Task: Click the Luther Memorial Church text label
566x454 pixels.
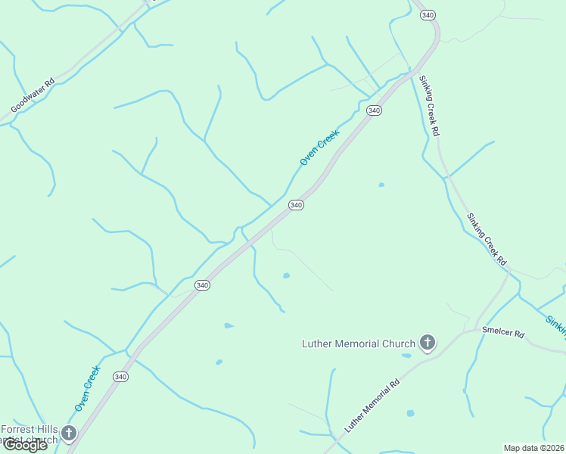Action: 359,344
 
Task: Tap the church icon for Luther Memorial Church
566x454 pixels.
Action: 428,344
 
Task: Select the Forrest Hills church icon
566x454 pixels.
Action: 69,434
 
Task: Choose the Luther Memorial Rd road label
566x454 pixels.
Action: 372,407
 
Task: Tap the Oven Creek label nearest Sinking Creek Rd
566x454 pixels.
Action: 320,147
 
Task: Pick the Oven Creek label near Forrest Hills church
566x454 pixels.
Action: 87,389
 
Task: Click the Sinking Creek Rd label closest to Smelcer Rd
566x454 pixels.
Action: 486,238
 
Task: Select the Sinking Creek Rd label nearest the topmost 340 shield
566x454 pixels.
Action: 430,105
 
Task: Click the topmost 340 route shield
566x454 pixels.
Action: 428,15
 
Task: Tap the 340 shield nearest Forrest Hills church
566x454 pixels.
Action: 120,376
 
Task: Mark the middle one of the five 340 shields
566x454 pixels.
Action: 296,205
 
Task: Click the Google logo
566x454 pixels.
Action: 25,445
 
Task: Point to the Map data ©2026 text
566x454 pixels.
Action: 533,448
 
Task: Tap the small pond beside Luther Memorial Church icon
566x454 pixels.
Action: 407,355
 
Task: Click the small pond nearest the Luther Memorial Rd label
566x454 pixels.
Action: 410,413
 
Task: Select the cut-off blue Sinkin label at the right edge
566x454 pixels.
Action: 555,324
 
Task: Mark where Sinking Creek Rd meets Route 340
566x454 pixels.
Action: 415,72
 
